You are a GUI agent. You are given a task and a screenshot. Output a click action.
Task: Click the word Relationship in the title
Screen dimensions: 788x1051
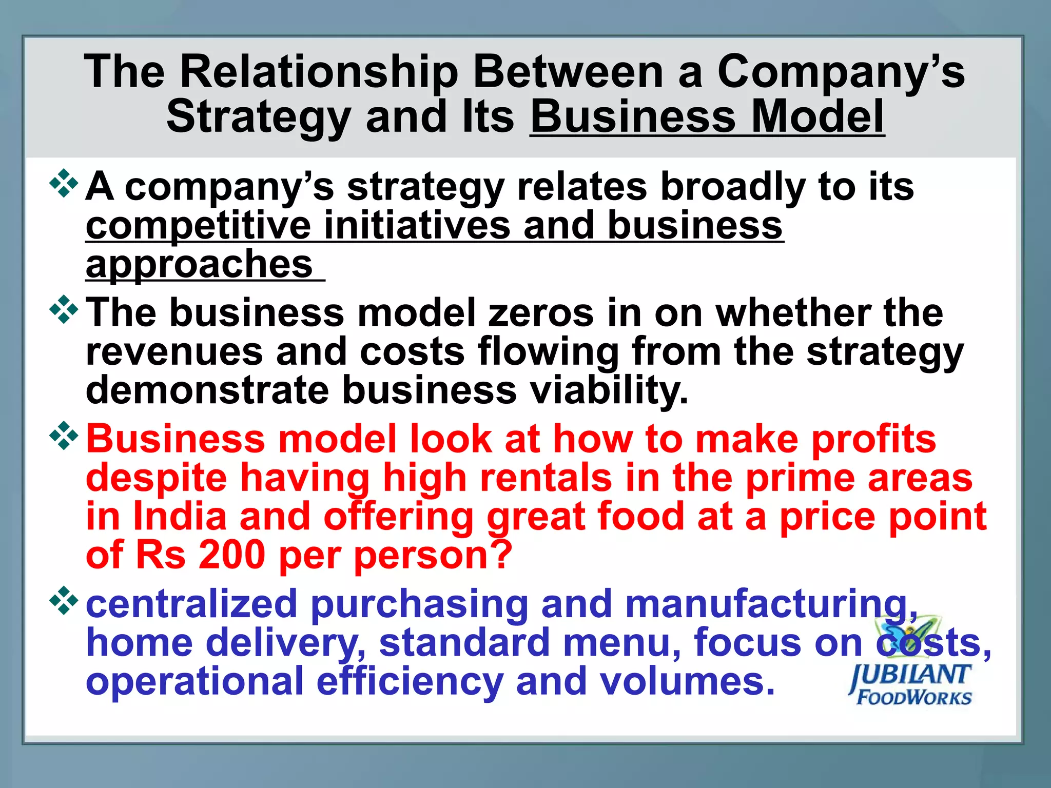[319, 72]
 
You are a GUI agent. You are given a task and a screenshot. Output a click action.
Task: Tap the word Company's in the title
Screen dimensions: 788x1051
[841, 72]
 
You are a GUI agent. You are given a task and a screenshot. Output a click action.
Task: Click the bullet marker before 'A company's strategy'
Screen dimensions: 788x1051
[64, 183]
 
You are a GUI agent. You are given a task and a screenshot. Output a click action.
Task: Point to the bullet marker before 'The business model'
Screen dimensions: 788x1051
[64, 309]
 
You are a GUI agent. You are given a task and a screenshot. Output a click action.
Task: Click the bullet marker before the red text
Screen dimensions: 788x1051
[64, 436]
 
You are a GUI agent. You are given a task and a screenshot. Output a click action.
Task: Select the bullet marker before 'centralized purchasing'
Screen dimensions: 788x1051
[64, 600]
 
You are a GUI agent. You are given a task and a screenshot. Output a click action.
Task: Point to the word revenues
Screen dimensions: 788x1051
[174, 352]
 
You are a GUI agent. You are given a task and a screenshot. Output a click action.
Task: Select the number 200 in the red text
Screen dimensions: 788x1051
[231, 555]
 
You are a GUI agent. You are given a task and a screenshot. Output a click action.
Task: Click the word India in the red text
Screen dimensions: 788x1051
[180, 516]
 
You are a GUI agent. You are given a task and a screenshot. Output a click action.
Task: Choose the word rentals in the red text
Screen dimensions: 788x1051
[546, 478]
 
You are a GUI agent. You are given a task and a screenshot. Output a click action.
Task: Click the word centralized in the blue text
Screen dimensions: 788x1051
[191, 604]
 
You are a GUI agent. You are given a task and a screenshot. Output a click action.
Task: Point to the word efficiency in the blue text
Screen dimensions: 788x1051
[410, 682]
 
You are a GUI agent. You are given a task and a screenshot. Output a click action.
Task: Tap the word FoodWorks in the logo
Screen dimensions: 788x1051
[914, 698]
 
